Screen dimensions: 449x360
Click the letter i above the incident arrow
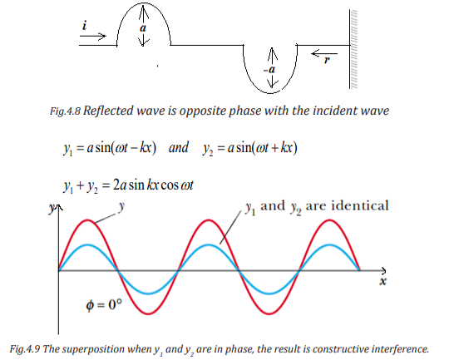(85, 25)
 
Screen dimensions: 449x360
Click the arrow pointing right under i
(93, 36)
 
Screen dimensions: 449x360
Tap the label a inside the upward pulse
(143, 28)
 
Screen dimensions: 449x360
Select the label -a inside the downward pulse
(269, 70)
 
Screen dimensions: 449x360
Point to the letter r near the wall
(327, 60)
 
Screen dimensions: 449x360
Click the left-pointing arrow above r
(324, 53)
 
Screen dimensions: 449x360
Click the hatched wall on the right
(353, 49)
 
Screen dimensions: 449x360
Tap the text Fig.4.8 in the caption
(66, 111)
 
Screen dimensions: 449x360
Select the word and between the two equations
(179, 147)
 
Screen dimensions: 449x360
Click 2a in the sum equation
(120, 185)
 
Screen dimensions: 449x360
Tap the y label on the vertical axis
(52, 208)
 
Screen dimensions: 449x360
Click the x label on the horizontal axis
(382, 281)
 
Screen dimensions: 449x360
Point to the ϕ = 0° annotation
(104, 305)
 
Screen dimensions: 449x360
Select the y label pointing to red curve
(121, 206)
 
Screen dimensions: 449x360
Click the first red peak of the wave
(88, 220)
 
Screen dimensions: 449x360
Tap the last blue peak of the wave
(329, 245)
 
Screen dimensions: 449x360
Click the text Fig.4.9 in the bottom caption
(25, 349)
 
